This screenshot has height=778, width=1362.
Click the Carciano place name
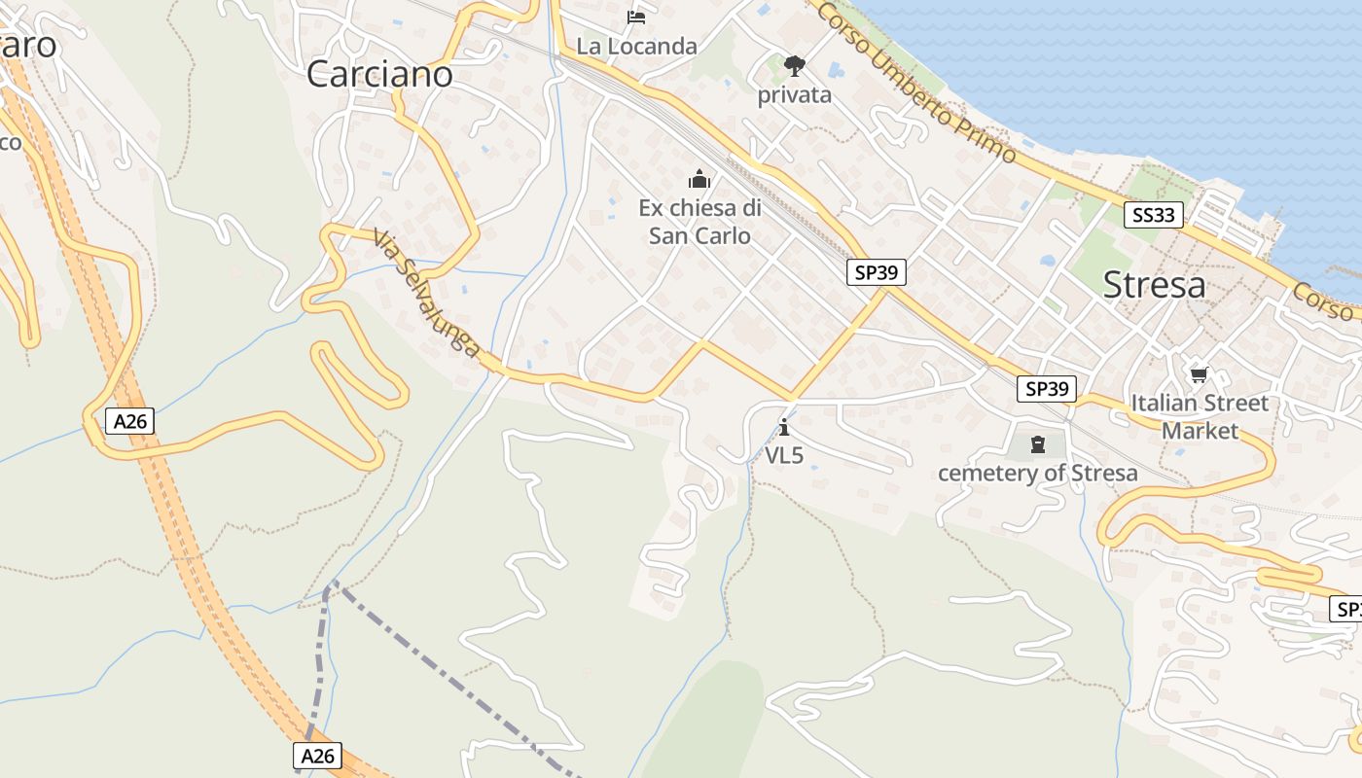coord(379,74)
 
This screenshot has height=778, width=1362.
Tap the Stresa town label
coord(1154,285)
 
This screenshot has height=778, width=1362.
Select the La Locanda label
coord(636,46)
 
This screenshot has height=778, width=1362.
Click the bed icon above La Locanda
coord(636,18)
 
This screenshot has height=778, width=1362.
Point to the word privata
coord(795,94)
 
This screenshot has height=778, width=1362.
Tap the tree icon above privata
coord(795,66)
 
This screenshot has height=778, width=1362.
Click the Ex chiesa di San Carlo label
coord(699,222)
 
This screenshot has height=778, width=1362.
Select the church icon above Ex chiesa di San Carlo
coord(699,179)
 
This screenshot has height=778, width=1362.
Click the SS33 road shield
coord(1154,215)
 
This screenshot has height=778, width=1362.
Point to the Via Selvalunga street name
coord(426,293)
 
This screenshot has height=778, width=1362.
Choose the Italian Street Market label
coord(1200,416)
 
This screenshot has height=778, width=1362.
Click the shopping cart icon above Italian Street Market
coord(1199,374)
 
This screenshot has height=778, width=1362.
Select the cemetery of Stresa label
coord(1037,474)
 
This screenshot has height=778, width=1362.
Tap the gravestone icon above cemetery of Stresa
coord(1038,445)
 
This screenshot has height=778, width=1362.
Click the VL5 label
coord(784,455)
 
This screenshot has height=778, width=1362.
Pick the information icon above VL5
coord(784,427)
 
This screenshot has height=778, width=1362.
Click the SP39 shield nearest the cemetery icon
coord(1047,389)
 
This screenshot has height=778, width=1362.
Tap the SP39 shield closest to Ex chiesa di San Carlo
coord(876,272)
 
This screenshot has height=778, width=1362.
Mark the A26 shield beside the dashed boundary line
coord(317,756)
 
